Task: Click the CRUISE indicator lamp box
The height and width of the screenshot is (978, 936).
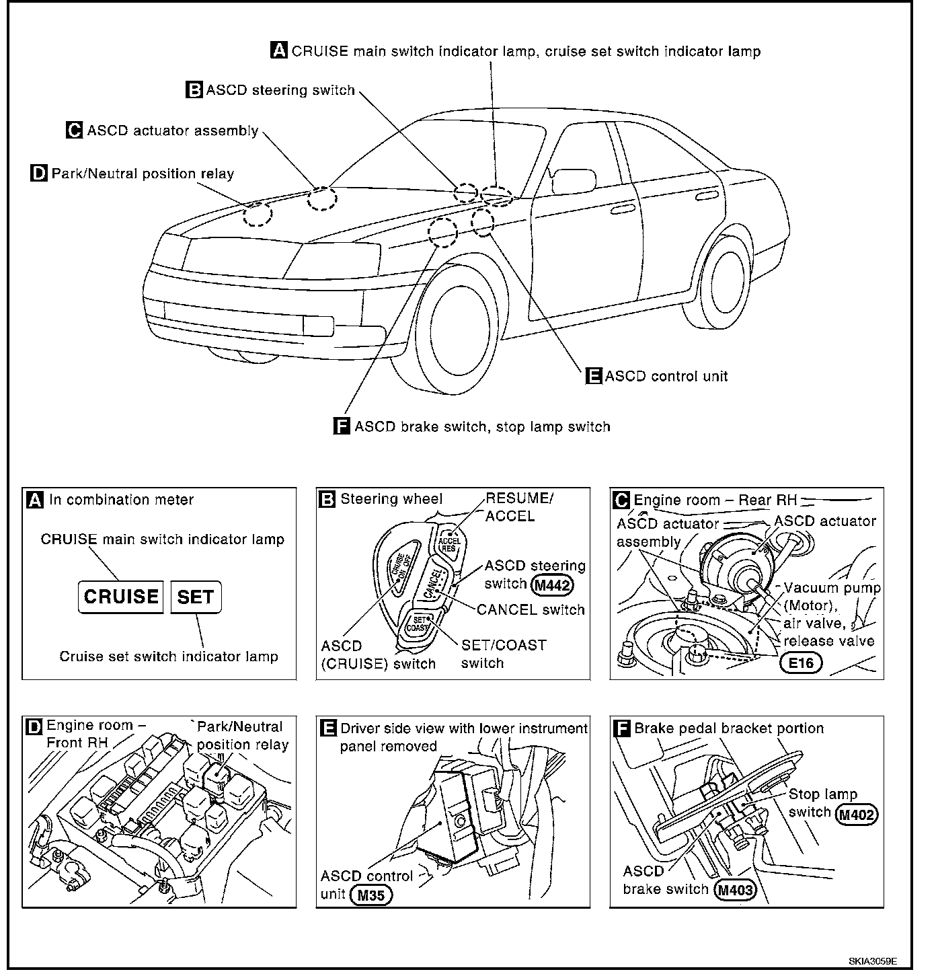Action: point(121,597)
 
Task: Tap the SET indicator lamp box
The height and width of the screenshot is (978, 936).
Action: point(196,597)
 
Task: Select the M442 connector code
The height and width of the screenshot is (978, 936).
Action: point(552,585)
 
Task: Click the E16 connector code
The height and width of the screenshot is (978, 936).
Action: point(802,663)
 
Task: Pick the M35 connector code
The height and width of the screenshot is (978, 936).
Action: point(371,895)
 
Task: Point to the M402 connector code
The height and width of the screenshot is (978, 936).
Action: point(857,815)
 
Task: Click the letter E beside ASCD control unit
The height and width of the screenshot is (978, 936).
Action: point(594,376)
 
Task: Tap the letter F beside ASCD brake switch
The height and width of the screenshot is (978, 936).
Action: point(342,426)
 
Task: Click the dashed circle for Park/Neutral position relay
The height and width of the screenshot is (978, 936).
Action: point(258,214)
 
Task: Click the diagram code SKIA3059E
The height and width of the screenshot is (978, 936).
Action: point(872,961)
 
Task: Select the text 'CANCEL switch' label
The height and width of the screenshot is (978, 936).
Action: point(531,609)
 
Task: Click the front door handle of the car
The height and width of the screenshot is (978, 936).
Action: point(621,210)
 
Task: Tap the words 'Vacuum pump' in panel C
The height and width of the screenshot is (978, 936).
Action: point(832,588)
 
